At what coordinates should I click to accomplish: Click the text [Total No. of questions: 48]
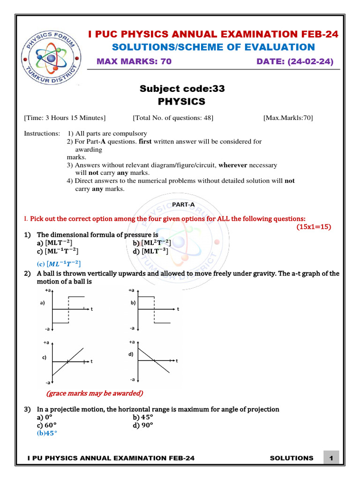[x=173, y=118]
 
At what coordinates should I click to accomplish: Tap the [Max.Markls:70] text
[x=288, y=118]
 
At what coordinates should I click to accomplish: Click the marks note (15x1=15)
[x=314, y=227]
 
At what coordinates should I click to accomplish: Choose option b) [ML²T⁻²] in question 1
[x=151, y=242]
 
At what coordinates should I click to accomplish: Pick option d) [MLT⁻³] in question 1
[x=150, y=251]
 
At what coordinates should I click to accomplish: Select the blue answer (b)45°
[x=47, y=433]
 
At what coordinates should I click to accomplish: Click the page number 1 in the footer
[x=331, y=458]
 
